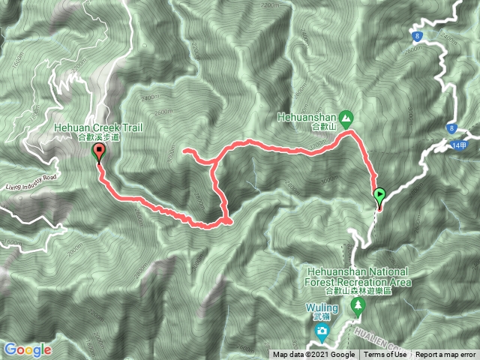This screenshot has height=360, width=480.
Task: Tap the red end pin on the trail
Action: point(98,153)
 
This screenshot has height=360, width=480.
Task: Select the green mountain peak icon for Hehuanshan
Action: point(346,118)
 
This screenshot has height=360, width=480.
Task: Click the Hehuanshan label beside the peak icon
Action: point(307,117)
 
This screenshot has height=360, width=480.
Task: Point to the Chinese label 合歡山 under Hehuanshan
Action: point(323,127)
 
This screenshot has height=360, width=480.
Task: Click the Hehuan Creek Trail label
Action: point(97,128)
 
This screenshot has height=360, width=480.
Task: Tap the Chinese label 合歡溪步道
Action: point(97,138)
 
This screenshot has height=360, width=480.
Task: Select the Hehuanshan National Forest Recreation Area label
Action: point(359,276)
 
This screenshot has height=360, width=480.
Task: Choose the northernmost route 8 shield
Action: point(418,35)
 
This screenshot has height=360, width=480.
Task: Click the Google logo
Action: point(28,349)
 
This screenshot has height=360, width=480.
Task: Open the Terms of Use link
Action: point(385,355)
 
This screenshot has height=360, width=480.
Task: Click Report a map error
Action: point(446,355)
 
